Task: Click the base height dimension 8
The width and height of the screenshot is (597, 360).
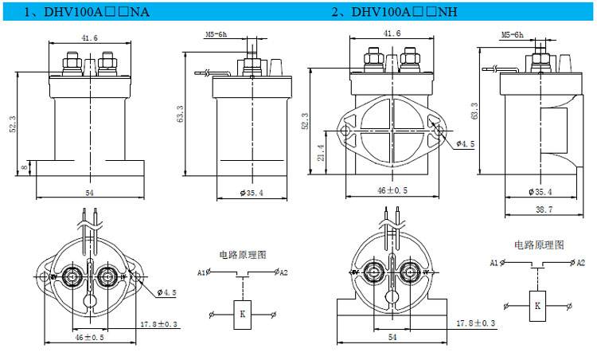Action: click(25, 167)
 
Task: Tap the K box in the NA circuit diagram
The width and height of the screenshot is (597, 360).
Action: click(242, 314)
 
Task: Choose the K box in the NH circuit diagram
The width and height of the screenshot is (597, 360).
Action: click(537, 305)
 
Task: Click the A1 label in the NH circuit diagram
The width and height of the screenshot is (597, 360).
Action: click(494, 262)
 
